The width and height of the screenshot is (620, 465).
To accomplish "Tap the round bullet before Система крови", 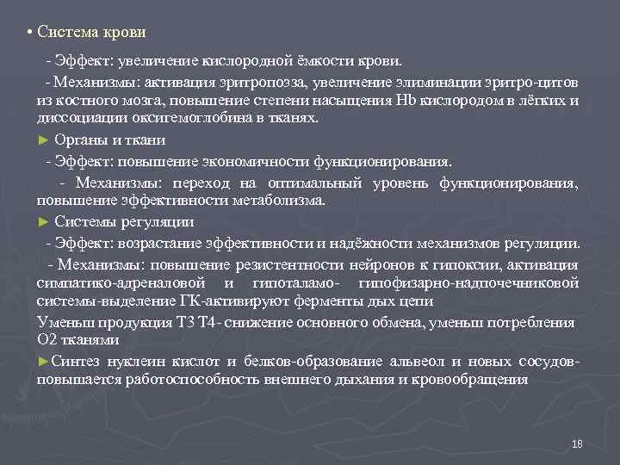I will (x=29, y=33).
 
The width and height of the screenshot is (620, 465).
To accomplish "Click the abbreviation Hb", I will (x=405, y=101).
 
